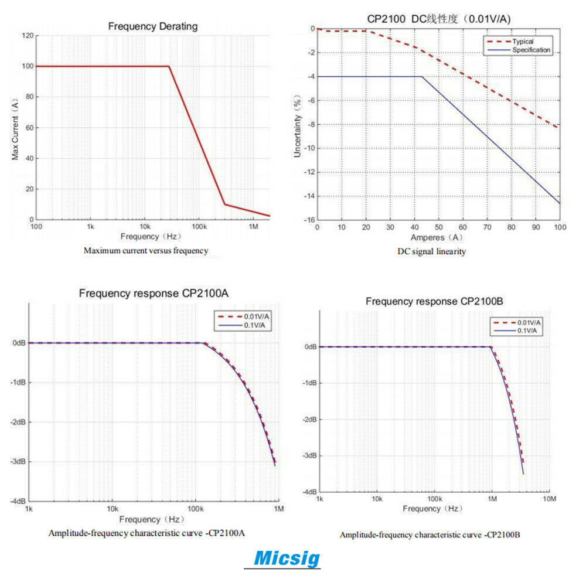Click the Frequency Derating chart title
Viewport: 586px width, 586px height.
153,26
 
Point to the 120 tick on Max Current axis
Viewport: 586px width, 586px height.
28,36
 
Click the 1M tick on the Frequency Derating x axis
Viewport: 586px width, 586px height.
253,226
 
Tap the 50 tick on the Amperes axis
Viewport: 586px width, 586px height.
438,227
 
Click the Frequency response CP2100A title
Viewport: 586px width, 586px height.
154,293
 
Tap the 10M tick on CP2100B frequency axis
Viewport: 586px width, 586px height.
549,499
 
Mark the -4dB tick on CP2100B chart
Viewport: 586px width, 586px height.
310,492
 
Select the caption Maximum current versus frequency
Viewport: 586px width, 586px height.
145,250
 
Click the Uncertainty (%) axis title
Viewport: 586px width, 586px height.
298,128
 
